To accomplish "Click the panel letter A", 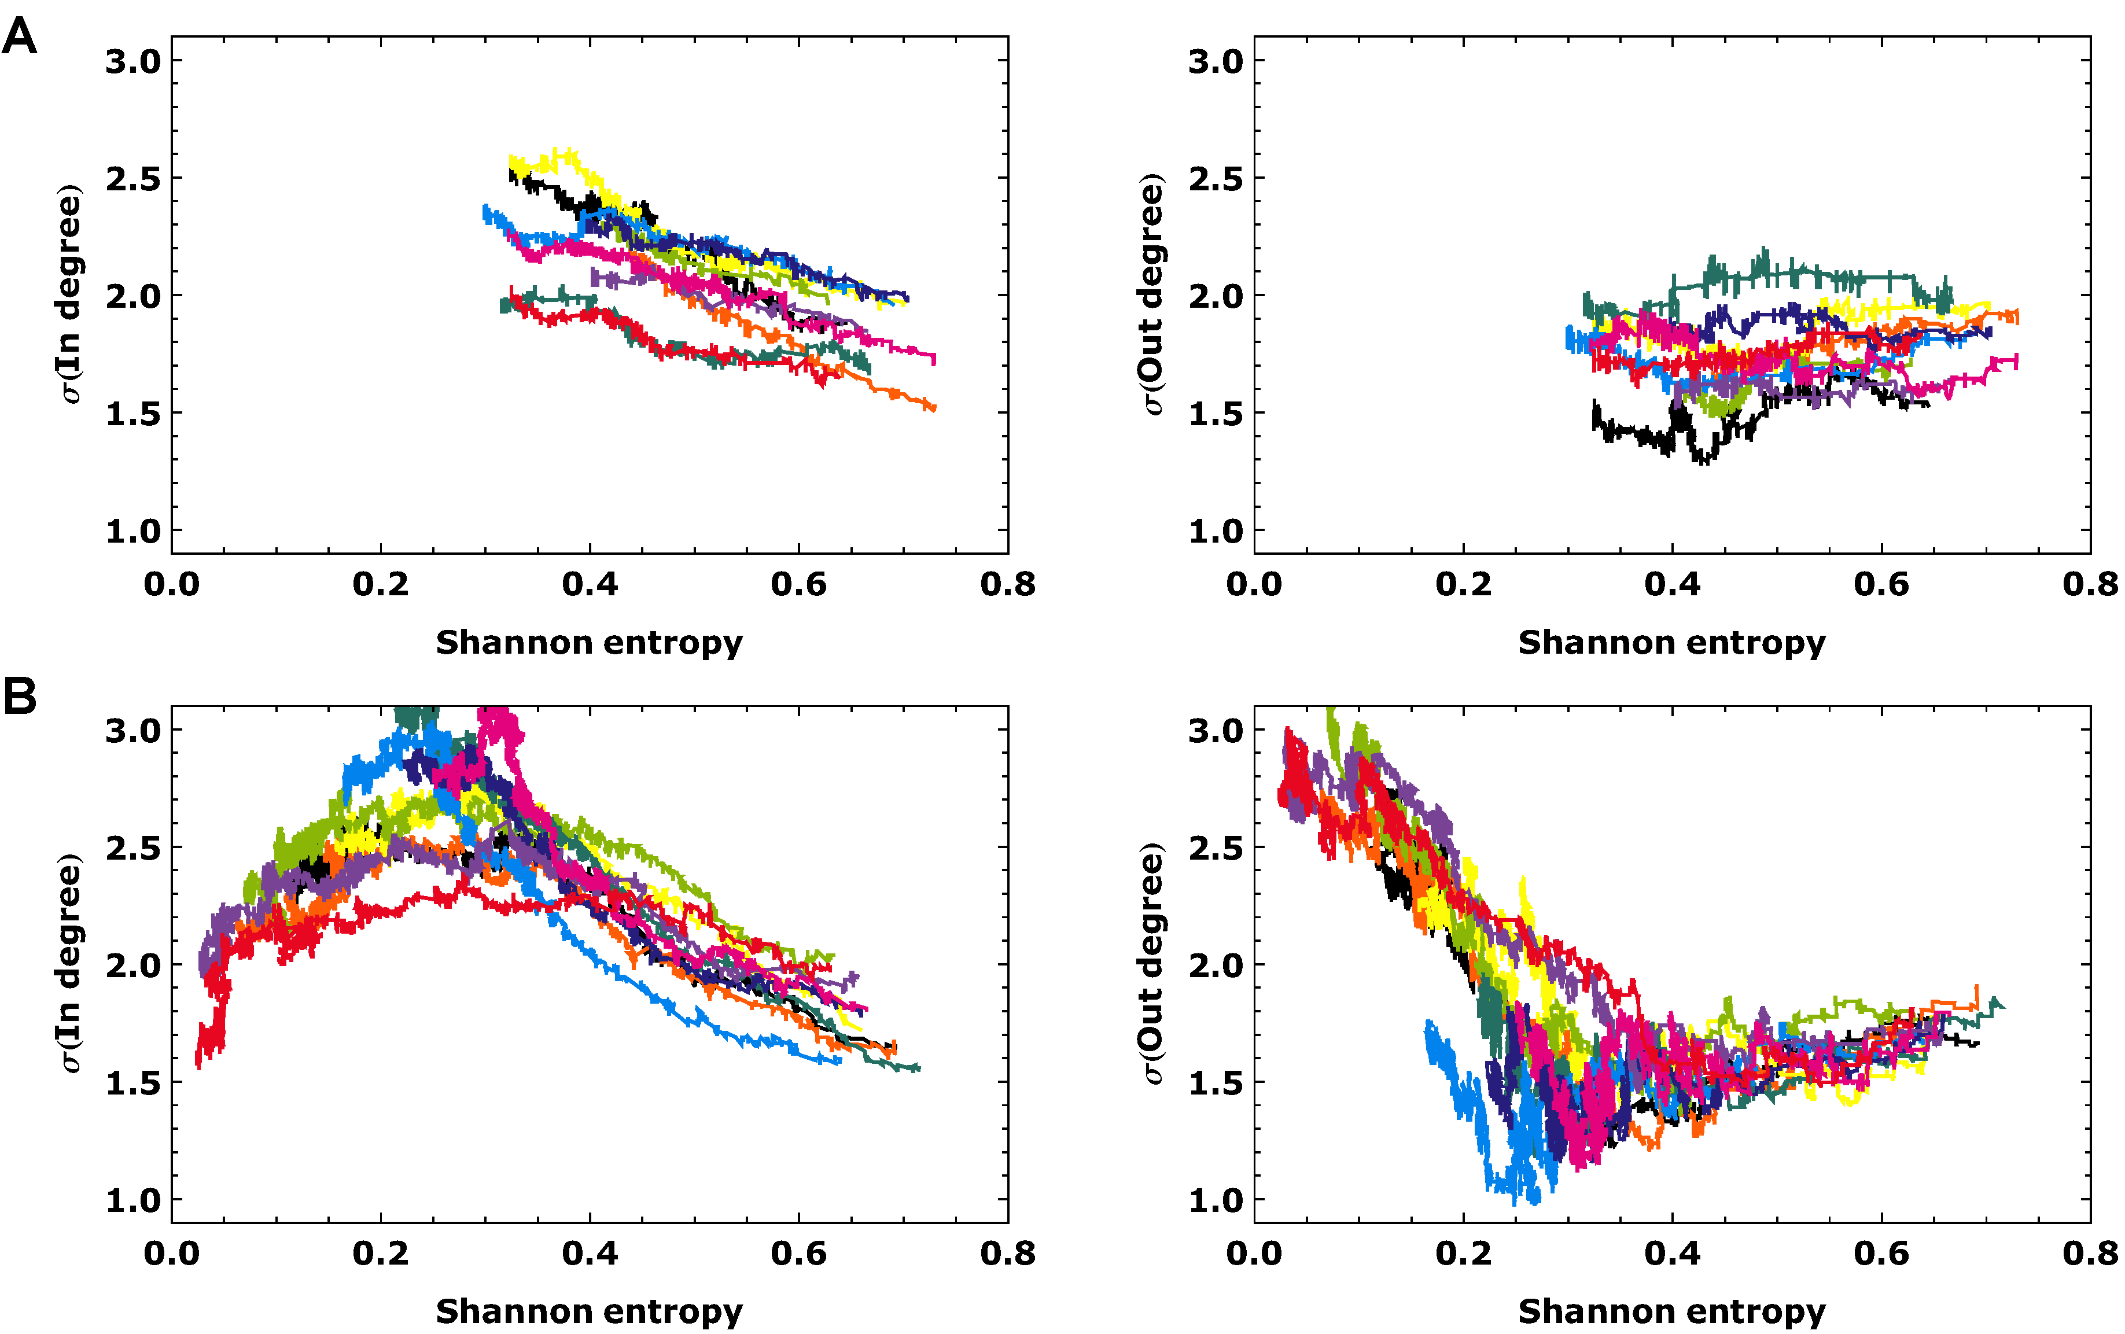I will [20, 37].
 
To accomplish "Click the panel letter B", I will [20, 695].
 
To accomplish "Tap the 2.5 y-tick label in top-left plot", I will [133, 179].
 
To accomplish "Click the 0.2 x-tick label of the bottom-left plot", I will [380, 1253].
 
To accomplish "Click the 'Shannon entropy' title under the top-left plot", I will [589, 642].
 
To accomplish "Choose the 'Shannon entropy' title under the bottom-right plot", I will [1671, 1311].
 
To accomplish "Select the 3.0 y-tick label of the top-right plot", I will [1216, 62].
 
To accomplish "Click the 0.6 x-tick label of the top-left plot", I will [798, 584].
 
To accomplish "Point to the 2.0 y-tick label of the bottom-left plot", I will [133, 965].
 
